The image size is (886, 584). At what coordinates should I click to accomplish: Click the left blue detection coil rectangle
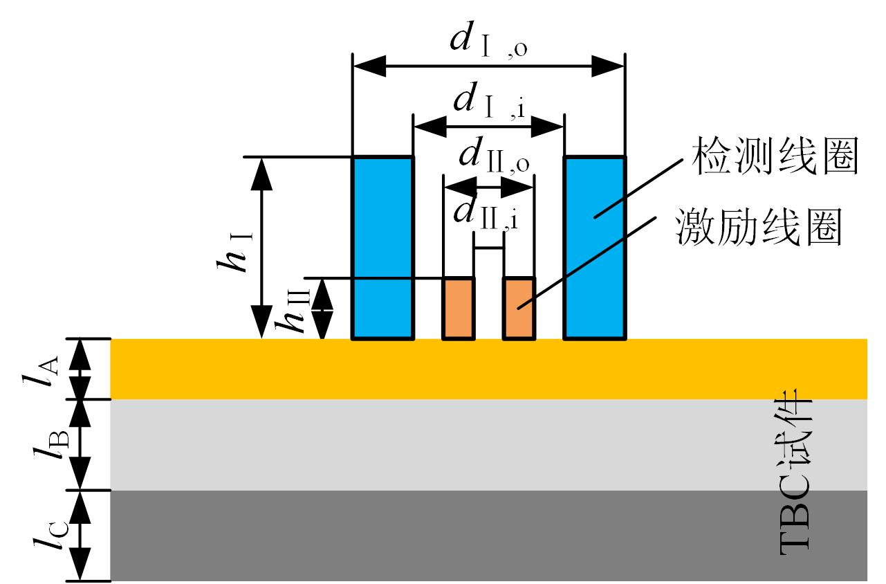pos(383,248)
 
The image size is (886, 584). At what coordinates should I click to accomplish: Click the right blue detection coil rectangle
pos(595,248)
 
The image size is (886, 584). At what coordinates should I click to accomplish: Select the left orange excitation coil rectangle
pos(459,309)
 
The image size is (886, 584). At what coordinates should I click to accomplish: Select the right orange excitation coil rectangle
pos(519,309)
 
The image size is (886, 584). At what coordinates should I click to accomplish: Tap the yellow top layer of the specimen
pos(488,369)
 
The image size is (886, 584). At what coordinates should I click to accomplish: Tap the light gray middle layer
pos(488,445)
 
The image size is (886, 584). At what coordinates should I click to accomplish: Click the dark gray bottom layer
pos(488,536)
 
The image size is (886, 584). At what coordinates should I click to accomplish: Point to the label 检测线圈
pos(775,156)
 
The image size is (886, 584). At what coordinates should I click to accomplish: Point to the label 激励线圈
pos(758,227)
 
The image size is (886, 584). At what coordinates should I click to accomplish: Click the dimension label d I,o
pos(489,40)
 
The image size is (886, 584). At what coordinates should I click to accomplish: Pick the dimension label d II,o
pos(494,155)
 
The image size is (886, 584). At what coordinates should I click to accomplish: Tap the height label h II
pos(293,311)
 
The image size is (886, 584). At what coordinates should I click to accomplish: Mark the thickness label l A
pos(40,371)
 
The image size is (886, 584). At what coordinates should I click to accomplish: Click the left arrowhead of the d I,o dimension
pos(369,66)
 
